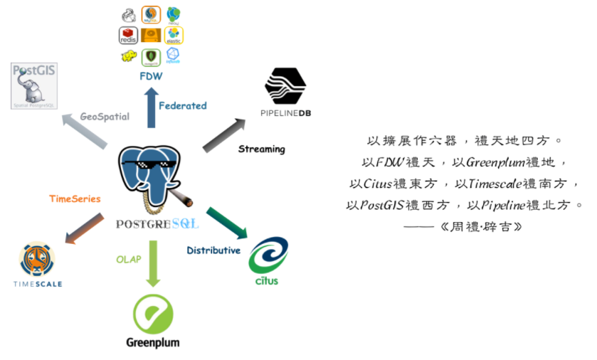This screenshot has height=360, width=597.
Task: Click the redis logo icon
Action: click(x=129, y=35)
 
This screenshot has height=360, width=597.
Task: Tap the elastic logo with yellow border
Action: click(x=174, y=35)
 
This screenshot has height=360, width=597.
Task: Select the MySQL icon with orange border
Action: click(x=151, y=14)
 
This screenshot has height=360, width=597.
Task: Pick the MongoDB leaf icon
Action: click(x=151, y=57)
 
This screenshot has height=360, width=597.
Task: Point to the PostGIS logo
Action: click(x=34, y=86)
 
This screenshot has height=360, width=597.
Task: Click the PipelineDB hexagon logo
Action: click(x=285, y=86)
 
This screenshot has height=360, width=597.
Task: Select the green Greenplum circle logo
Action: click(x=153, y=314)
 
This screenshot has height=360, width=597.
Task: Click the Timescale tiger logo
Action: click(x=37, y=260)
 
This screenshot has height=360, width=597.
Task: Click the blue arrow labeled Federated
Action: click(x=151, y=107)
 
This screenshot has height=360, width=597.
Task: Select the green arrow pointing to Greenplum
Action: click(x=153, y=264)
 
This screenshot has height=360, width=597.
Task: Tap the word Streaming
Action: click(x=261, y=149)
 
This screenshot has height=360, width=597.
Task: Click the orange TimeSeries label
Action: click(x=75, y=199)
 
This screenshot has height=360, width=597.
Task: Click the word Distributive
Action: click(x=213, y=250)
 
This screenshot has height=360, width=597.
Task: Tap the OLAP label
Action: click(x=128, y=260)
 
